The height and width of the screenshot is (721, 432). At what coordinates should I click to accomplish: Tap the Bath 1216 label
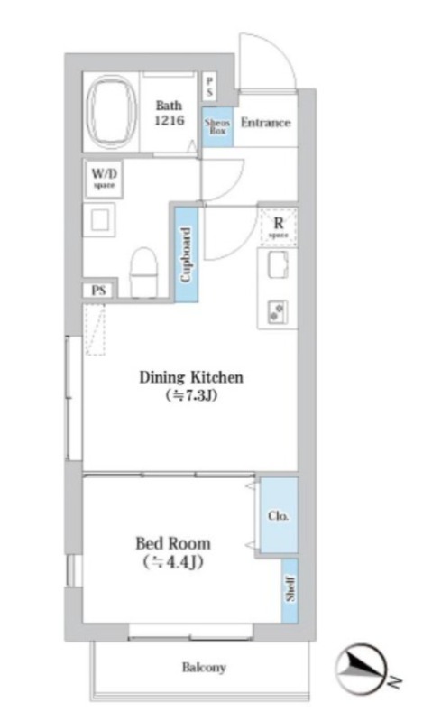tap(170, 113)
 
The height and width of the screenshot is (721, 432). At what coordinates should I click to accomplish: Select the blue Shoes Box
tap(217, 126)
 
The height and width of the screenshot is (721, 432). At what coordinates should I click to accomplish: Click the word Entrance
tap(266, 123)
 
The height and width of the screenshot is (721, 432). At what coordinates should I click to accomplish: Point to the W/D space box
tap(104, 179)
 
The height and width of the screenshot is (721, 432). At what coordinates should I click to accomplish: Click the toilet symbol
tap(143, 273)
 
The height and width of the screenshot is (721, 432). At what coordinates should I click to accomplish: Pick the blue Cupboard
tap(186, 254)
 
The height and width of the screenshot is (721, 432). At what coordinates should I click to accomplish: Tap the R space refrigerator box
tap(278, 226)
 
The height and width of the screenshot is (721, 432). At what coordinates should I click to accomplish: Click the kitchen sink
tap(278, 265)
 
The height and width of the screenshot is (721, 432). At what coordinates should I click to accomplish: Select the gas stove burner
tap(278, 311)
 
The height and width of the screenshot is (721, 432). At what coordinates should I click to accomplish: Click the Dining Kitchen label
tap(191, 377)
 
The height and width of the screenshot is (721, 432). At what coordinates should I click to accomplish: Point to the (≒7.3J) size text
tap(191, 395)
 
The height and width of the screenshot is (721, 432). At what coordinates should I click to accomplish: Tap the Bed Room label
tap(173, 543)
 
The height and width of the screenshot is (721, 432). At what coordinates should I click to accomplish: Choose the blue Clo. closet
tap(279, 515)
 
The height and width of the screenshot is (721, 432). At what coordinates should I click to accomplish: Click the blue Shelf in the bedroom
tap(290, 590)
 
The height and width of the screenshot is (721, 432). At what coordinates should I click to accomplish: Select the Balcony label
tap(204, 667)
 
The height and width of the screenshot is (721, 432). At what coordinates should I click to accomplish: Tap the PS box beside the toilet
tap(99, 291)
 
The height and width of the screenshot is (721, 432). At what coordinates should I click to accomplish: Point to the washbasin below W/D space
tap(99, 220)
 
